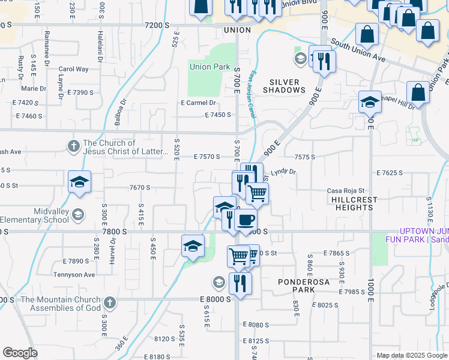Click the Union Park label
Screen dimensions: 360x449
(x=209, y=67)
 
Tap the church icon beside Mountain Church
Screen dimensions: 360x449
(x=109, y=303)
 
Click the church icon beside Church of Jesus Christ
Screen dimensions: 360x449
(x=73, y=146)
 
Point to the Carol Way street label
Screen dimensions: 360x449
(x=73, y=69)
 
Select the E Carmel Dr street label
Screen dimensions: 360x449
(x=198, y=103)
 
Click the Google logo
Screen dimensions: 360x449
(x=20, y=353)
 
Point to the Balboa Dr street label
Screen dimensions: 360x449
(x=122, y=113)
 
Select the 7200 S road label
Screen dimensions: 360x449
(x=158, y=25)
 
